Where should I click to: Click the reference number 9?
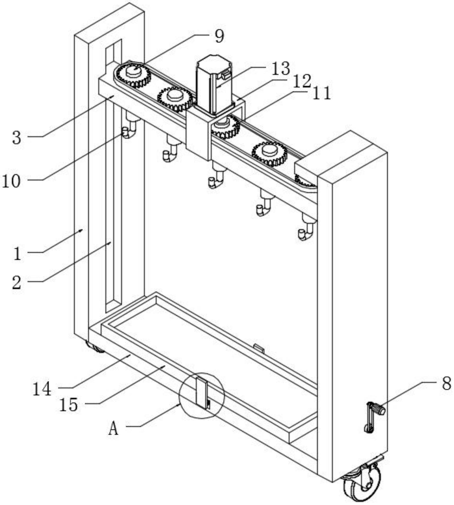click(219, 37)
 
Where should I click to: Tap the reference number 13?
click(280, 69)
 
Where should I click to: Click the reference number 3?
click(17, 138)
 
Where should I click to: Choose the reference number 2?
click(17, 282)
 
